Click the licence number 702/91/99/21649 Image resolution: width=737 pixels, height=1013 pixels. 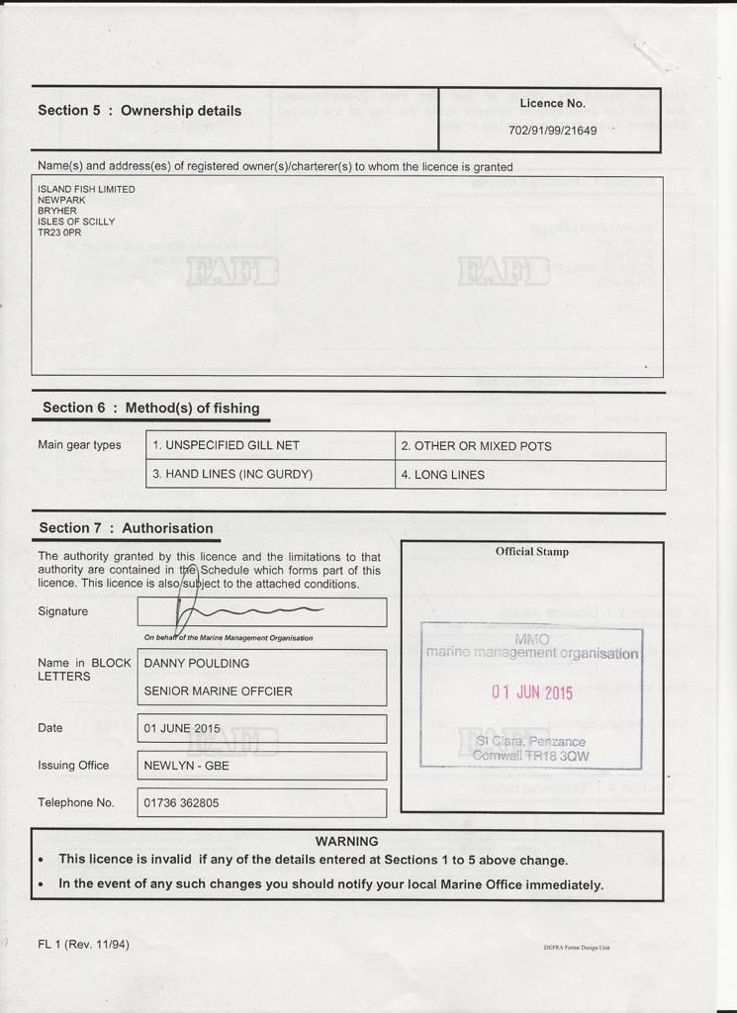552,131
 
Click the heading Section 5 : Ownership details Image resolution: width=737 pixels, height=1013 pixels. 139,111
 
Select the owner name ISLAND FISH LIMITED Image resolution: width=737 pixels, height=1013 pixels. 86,189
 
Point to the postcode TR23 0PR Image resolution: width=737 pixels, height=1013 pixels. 59,233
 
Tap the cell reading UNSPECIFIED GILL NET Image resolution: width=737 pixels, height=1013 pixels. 226,446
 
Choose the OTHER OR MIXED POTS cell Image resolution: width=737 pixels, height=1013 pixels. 476,446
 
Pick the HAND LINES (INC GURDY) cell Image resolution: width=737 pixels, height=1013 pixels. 232,475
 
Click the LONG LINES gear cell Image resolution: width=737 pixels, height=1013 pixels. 442,475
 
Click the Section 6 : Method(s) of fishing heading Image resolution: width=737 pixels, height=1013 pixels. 150,408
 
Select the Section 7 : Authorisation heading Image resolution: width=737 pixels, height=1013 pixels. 126,528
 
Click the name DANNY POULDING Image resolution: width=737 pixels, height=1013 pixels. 197,664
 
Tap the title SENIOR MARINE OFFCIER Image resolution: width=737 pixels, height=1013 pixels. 219,691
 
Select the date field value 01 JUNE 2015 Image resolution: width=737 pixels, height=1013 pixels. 182,729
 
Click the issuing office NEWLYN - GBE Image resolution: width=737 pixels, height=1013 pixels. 187,766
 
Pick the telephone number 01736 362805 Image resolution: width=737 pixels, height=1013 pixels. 182,803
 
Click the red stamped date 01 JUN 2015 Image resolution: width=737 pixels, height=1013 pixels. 532,692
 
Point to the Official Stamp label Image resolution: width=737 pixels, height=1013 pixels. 532,552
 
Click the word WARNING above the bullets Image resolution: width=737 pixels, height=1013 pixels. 346,842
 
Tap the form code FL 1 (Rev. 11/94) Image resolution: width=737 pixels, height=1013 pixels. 83,944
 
